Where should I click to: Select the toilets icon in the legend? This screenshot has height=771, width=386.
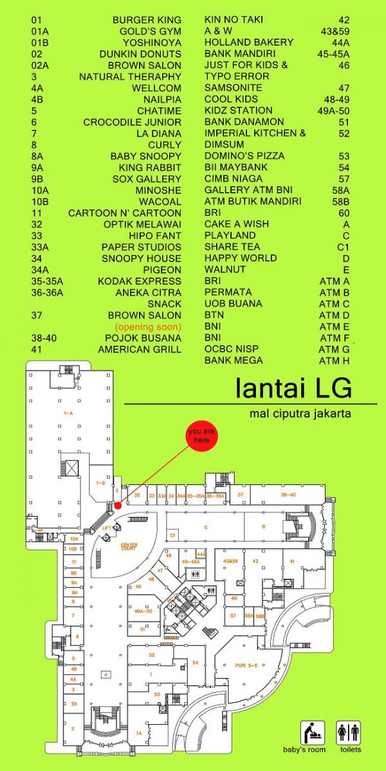coord(348,732)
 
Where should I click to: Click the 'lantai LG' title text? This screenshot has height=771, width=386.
coord(293,389)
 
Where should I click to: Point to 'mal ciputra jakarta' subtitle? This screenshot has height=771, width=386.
coord(300,414)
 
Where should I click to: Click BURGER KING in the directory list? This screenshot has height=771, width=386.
coord(147,20)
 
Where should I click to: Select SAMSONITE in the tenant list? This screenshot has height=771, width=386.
coord(233,87)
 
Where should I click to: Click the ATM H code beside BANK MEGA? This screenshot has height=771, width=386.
coord(334,360)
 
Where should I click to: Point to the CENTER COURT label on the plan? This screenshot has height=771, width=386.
coord(129,547)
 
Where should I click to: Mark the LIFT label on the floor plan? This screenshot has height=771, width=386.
coord(107,527)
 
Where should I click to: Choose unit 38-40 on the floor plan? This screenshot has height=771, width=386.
coord(288,495)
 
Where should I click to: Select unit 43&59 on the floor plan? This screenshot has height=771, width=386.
coord(230,562)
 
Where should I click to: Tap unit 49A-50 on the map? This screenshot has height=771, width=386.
coord(143,612)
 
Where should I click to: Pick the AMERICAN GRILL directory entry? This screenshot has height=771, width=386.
coord(140,350)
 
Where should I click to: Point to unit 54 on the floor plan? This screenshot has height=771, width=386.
coord(195,662)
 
